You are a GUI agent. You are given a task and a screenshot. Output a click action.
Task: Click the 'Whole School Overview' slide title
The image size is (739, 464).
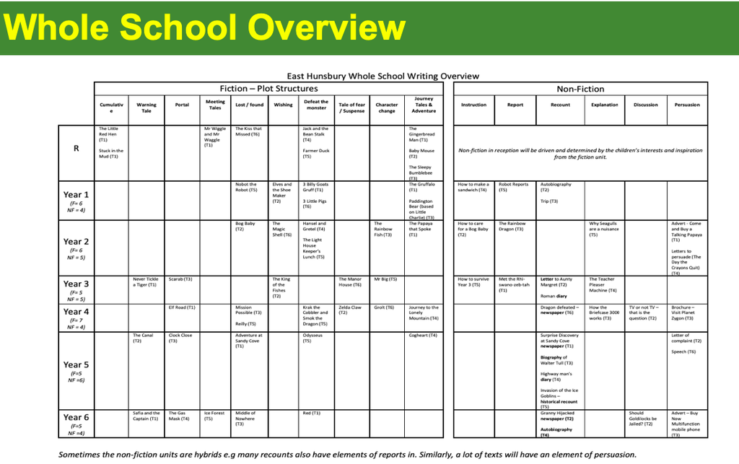[204, 27]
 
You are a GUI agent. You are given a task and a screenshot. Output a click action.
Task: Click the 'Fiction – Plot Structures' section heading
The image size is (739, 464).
[268, 89]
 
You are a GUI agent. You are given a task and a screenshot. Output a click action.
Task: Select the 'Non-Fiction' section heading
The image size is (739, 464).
[580, 89]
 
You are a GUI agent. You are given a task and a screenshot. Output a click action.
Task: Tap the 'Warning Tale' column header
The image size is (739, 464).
[147, 108]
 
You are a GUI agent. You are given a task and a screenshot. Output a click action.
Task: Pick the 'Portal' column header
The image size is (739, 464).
[182, 105]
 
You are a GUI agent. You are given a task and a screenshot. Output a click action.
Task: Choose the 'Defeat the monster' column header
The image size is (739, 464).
[316, 105]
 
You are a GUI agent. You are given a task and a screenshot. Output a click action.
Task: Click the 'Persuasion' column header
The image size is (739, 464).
[687, 105]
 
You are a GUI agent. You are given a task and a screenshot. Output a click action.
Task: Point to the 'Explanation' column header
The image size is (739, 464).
[604, 105]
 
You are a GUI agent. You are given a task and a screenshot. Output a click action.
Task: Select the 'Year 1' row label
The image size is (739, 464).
[76, 195]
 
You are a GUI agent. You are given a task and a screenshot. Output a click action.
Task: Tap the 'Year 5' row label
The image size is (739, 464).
[76, 365]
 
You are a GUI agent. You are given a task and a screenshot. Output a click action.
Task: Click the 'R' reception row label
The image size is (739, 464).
[76, 149]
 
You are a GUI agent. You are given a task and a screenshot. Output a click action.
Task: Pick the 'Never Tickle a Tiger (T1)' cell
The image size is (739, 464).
[146, 282]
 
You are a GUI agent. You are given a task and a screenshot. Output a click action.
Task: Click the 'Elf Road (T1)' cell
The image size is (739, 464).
[182, 307]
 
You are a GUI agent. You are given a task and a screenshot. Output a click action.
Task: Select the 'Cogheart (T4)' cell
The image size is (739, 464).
[423, 335]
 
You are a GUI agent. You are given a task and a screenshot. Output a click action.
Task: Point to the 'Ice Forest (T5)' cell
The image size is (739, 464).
[214, 416]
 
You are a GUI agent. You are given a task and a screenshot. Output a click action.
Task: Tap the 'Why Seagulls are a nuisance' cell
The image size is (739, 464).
[604, 229]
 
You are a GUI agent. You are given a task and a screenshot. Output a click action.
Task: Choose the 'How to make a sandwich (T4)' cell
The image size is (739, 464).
[473, 187]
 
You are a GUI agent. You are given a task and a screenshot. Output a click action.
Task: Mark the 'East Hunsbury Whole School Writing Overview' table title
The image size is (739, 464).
[382, 76]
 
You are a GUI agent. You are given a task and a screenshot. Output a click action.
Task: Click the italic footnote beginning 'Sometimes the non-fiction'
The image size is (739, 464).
[347, 455]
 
